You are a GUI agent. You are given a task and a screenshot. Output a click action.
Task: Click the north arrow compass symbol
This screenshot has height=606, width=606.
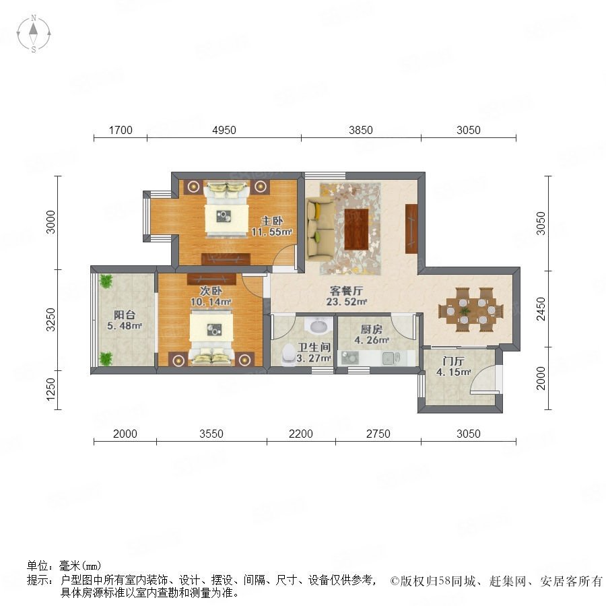click(34, 34)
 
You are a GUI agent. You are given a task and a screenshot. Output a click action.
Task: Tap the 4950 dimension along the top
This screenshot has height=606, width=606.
click(224, 130)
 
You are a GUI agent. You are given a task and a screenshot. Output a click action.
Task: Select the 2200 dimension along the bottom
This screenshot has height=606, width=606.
click(301, 434)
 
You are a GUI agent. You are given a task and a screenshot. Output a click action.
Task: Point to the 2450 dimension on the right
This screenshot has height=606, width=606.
click(541, 309)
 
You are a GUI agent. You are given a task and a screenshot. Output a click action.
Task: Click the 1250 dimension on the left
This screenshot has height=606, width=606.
click(50, 389)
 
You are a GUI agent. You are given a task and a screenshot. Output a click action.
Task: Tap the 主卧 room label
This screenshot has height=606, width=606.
click(272, 221)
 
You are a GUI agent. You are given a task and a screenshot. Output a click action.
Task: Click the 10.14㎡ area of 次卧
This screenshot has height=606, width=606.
click(211, 302)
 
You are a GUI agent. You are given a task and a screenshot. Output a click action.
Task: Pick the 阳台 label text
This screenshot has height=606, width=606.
click(125, 314)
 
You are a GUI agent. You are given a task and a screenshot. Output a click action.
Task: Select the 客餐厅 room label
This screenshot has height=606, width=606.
click(346, 291)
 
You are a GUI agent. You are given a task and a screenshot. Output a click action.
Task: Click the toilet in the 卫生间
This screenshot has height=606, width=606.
click(289, 355)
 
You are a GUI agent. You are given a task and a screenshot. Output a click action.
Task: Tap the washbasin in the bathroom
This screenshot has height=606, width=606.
click(318, 325)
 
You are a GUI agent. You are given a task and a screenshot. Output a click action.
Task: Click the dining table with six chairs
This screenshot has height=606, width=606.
click(471, 310)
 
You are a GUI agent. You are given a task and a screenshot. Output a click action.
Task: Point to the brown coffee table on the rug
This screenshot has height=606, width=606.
click(357, 228)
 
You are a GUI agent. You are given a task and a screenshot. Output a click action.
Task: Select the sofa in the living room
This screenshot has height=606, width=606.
click(321, 228)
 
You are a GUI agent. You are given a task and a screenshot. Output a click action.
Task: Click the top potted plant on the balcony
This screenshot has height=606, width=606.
click(106, 281)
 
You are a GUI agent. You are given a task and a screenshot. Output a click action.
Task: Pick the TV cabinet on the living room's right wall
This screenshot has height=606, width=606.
click(411, 229)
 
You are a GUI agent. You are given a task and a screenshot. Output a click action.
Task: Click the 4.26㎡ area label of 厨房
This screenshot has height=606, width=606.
click(372, 341)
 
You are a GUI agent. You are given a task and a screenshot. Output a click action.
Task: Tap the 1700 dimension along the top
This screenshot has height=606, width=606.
click(121, 130)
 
